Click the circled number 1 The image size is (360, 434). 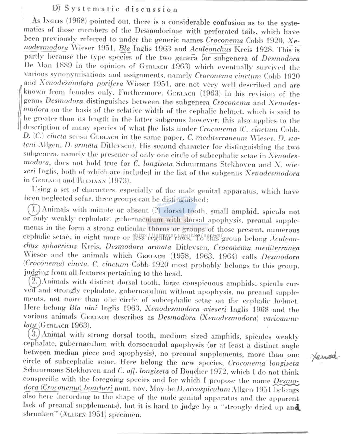point(34,209)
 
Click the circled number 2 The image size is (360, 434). point(35,281)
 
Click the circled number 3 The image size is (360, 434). point(34,334)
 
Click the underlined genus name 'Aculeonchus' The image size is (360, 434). point(211,49)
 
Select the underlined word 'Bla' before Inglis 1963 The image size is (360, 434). point(125,49)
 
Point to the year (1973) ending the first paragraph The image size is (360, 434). point(119,181)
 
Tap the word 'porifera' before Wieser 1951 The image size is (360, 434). point(109,84)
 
